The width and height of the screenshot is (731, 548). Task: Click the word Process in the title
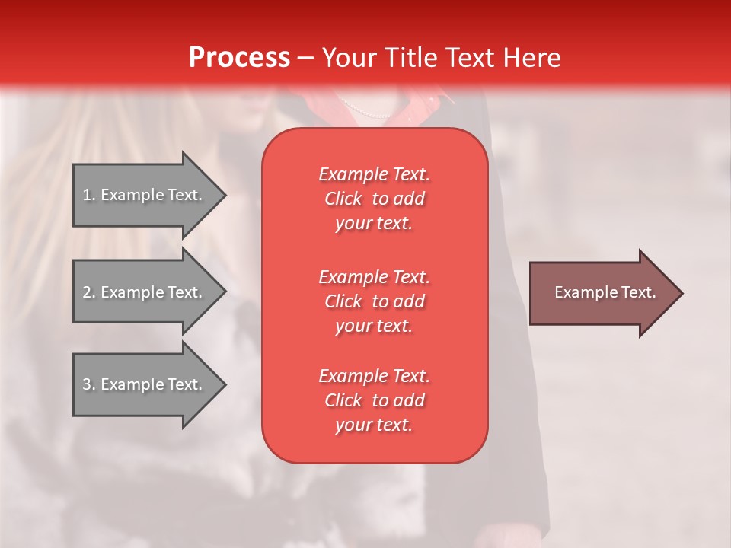pyautogui.click(x=239, y=58)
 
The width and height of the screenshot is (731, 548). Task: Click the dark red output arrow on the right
pyautogui.click(x=602, y=293)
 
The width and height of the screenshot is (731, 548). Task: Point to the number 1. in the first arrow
pyautogui.click(x=88, y=195)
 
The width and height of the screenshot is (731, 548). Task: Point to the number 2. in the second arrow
pyautogui.click(x=88, y=292)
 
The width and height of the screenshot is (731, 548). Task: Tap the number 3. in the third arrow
pyautogui.click(x=88, y=384)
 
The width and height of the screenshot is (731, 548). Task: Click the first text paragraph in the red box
pyautogui.click(x=375, y=199)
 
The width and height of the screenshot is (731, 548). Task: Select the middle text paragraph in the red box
pyautogui.click(x=375, y=301)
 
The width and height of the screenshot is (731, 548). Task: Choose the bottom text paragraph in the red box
pyautogui.click(x=375, y=400)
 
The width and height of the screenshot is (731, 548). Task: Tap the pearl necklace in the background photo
pyautogui.click(x=365, y=110)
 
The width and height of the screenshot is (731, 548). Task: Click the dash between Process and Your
pyautogui.click(x=305, y=58)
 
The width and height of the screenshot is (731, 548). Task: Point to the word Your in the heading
pyautogui.click(x=349, y=58)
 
